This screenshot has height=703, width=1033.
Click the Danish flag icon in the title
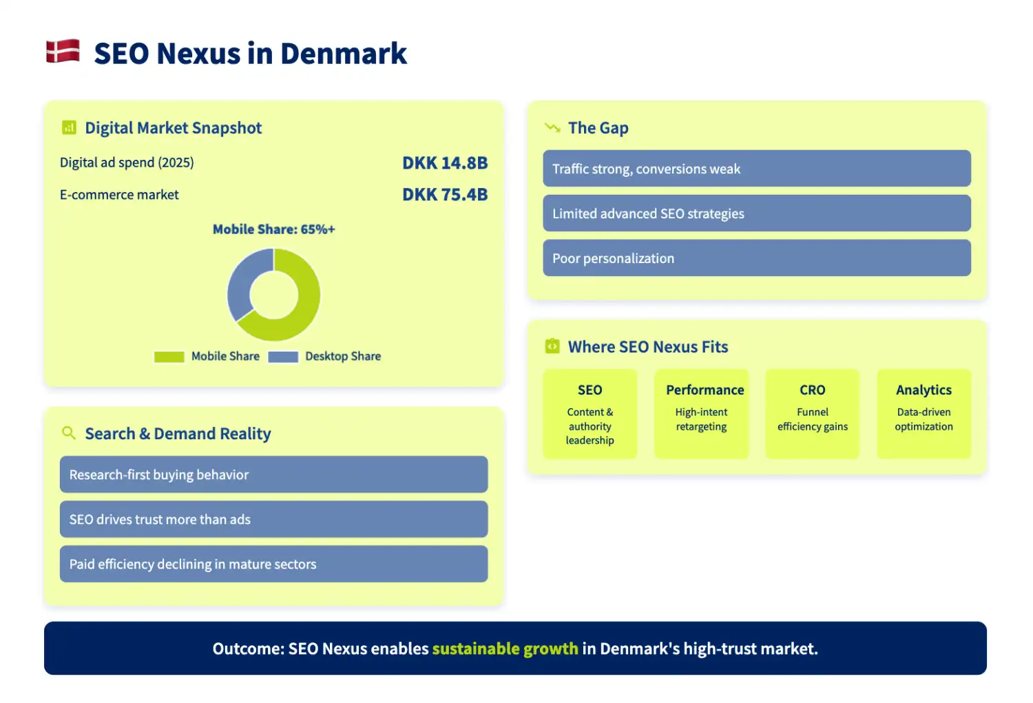[x=63, y=52]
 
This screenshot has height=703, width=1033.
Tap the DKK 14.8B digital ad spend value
[x=445, y=163]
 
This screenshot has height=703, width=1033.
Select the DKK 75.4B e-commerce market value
[x=445, y=195]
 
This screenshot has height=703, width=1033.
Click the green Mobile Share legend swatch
[x=169, y=357]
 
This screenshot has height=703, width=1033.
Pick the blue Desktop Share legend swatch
[x=282, y=357]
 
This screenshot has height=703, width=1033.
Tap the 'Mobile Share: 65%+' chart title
[x=273, y=229]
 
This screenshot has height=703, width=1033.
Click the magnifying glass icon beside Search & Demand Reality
[x=69, y=433]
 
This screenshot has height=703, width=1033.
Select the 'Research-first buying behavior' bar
[x=273, y=474]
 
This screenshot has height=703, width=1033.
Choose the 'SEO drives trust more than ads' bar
[x=273, y=519]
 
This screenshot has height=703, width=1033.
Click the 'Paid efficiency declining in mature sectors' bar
[x=273, y=564]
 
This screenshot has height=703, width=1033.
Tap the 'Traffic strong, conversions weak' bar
[x=756, y=169]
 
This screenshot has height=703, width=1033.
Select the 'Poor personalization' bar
[x=756, y=258]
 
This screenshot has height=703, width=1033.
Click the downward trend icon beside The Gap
[x=552, y=128]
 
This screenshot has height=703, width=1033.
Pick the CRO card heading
[x=812, y=390]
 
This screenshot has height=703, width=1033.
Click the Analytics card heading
[x=924, y=390]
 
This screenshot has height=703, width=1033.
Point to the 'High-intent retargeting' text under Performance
[x=701, y=419]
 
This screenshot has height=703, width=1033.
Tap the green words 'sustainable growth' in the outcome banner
[x=505, y=649]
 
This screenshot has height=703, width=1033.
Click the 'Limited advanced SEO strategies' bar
[x=756, y=213]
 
